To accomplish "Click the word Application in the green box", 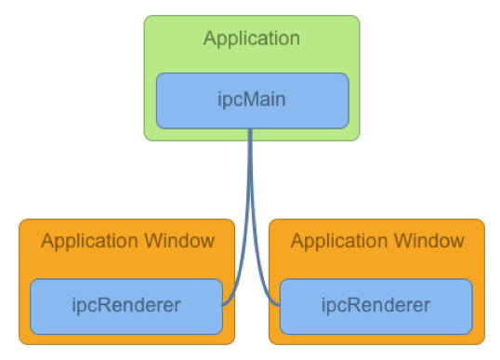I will tap(251, 39).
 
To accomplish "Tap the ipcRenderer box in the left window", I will tap(126, 306).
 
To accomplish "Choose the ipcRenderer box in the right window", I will tap(375, 306).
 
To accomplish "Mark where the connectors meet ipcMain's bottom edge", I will tap(251, 129).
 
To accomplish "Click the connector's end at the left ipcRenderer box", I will tap(224, 303).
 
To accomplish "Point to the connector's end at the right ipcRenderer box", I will tap(279, 303).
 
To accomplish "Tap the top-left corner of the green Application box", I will tap(146, 18).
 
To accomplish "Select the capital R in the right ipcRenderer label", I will tap(357, 305).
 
